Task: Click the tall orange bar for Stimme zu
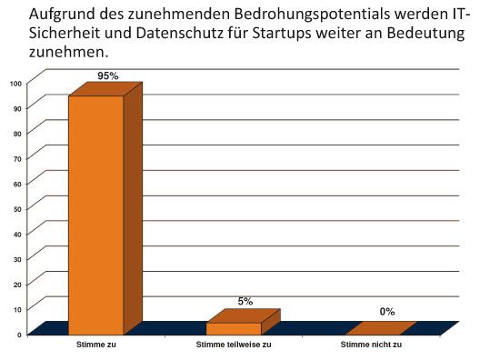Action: point(96,214)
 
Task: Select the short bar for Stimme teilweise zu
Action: point(234,328)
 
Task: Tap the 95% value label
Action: point(108,76)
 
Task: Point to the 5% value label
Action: point(245,301)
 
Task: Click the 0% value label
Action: point(387,312)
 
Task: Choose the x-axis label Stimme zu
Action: point(97,345)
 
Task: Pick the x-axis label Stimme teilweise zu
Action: point(234,345)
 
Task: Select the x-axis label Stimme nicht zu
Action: point(371,345)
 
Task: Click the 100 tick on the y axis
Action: point(15,84)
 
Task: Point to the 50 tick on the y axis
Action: point(17,209)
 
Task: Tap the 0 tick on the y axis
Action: point(19,335)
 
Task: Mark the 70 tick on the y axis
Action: point(17,159)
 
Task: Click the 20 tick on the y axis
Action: point(17,285)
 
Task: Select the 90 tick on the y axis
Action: point(17,108)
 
